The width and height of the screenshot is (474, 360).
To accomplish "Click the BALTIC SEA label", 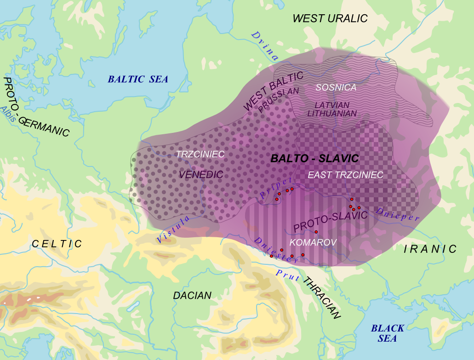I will pos(138,79).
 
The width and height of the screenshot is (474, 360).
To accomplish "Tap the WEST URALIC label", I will pos(330,18).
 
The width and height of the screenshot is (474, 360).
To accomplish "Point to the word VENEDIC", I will pos(201,175).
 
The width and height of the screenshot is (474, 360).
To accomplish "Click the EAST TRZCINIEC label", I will pos(345,175).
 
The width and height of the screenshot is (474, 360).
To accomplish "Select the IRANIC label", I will pos(430,249).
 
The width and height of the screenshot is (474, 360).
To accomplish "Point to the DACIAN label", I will pos(192,296).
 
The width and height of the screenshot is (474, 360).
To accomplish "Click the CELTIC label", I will pos(57,244).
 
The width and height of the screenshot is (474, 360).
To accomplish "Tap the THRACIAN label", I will pos(322,299).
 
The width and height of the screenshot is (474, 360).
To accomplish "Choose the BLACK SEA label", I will pos(388,333).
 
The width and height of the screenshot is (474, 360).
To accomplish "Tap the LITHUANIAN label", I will pos(331,113).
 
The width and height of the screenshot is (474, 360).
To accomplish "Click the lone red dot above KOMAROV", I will pos(316,231).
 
